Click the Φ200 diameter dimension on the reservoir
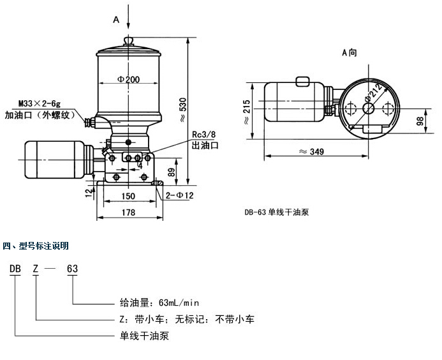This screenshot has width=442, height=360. click(x=128, y=80)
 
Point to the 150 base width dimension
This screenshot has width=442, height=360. click(x=128, y=197)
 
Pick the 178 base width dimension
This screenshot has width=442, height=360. click(x=128, y=213)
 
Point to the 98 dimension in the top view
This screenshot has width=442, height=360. click(x=420, y=122)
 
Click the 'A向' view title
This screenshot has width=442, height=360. click(x=350, y=53)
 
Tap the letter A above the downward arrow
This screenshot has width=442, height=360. click(x=116, y=20)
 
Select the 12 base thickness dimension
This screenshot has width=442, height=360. click(x=87, y=190)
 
